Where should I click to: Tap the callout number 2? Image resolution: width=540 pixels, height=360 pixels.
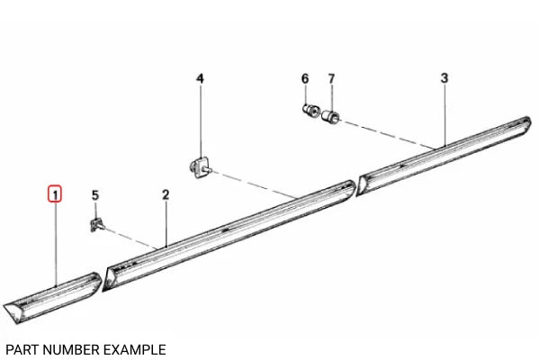click(x=166, y=194)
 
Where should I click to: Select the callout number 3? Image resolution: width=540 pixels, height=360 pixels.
click(x=445, y=78)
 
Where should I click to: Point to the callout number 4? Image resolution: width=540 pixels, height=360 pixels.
click(x=201, y=78)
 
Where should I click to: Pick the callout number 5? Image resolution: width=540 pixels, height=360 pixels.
click(x=95, y=194)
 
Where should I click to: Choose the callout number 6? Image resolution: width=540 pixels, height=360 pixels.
click(x=305, y=78)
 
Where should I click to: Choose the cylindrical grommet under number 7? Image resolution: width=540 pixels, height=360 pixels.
click(x=330, y=115)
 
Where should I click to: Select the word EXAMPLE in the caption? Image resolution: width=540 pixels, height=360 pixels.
click(x=135, y=348)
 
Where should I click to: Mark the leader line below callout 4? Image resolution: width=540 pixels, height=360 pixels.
click(x=201, y=121)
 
